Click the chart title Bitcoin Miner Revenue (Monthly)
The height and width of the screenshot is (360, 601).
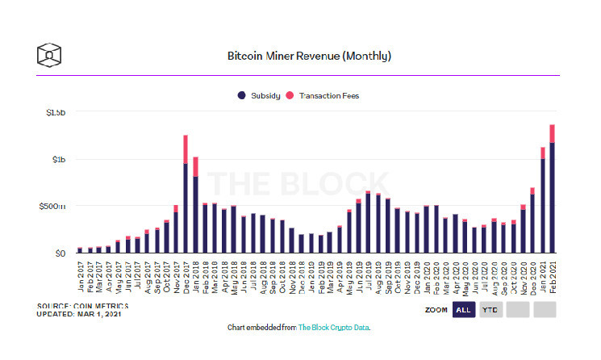310,57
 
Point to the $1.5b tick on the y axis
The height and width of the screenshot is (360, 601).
55,113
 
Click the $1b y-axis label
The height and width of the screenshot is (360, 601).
58,160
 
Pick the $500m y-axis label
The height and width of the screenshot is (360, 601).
53,207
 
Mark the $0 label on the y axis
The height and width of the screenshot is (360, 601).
60,253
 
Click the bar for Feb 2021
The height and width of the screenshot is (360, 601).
553,194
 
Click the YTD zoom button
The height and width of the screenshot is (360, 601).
490,309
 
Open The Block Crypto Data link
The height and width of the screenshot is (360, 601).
333,328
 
